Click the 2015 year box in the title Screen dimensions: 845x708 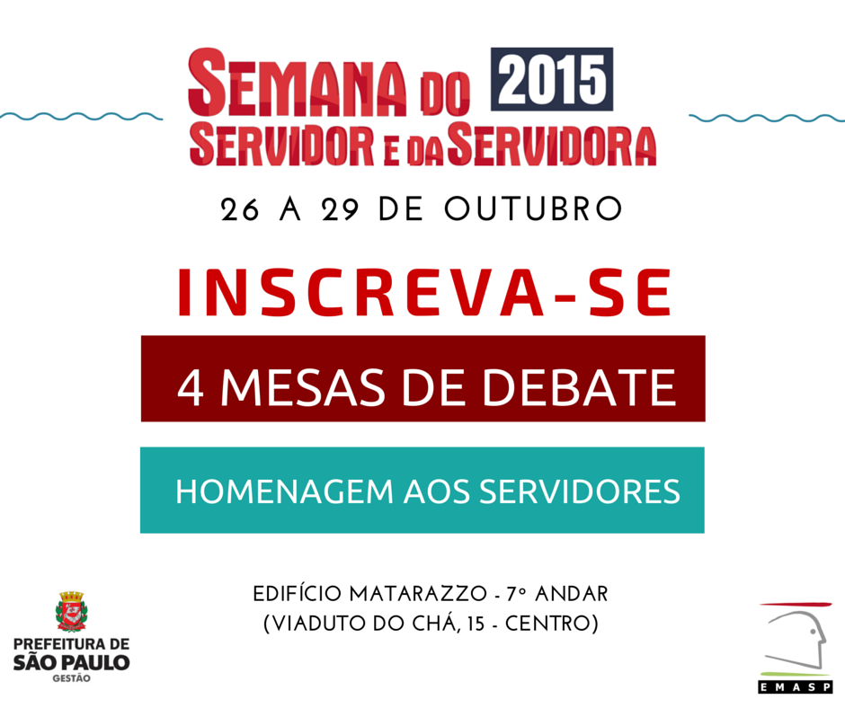pos(552,79)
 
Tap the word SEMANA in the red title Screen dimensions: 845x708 pos(297,83)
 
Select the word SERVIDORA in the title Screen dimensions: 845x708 pos(552,146)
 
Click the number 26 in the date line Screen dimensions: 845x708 pos(239,209)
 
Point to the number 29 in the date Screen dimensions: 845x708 pos(340,209)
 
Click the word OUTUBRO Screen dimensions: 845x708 pos(533,209)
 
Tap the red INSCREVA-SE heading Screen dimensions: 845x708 pos(424,293)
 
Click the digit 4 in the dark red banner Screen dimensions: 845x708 pos(191,388)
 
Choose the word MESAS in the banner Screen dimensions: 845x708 pos(303,387)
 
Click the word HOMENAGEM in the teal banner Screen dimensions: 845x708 pos(285,491)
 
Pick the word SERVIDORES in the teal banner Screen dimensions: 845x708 pos(580,491)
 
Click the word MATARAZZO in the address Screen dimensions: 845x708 pos(418,594)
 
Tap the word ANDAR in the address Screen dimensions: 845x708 pos(571,594)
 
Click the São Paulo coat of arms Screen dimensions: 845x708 pos(72,611)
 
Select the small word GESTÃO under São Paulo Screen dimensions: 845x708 pos(71,679)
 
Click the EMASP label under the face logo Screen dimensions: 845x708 pos(796,687)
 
